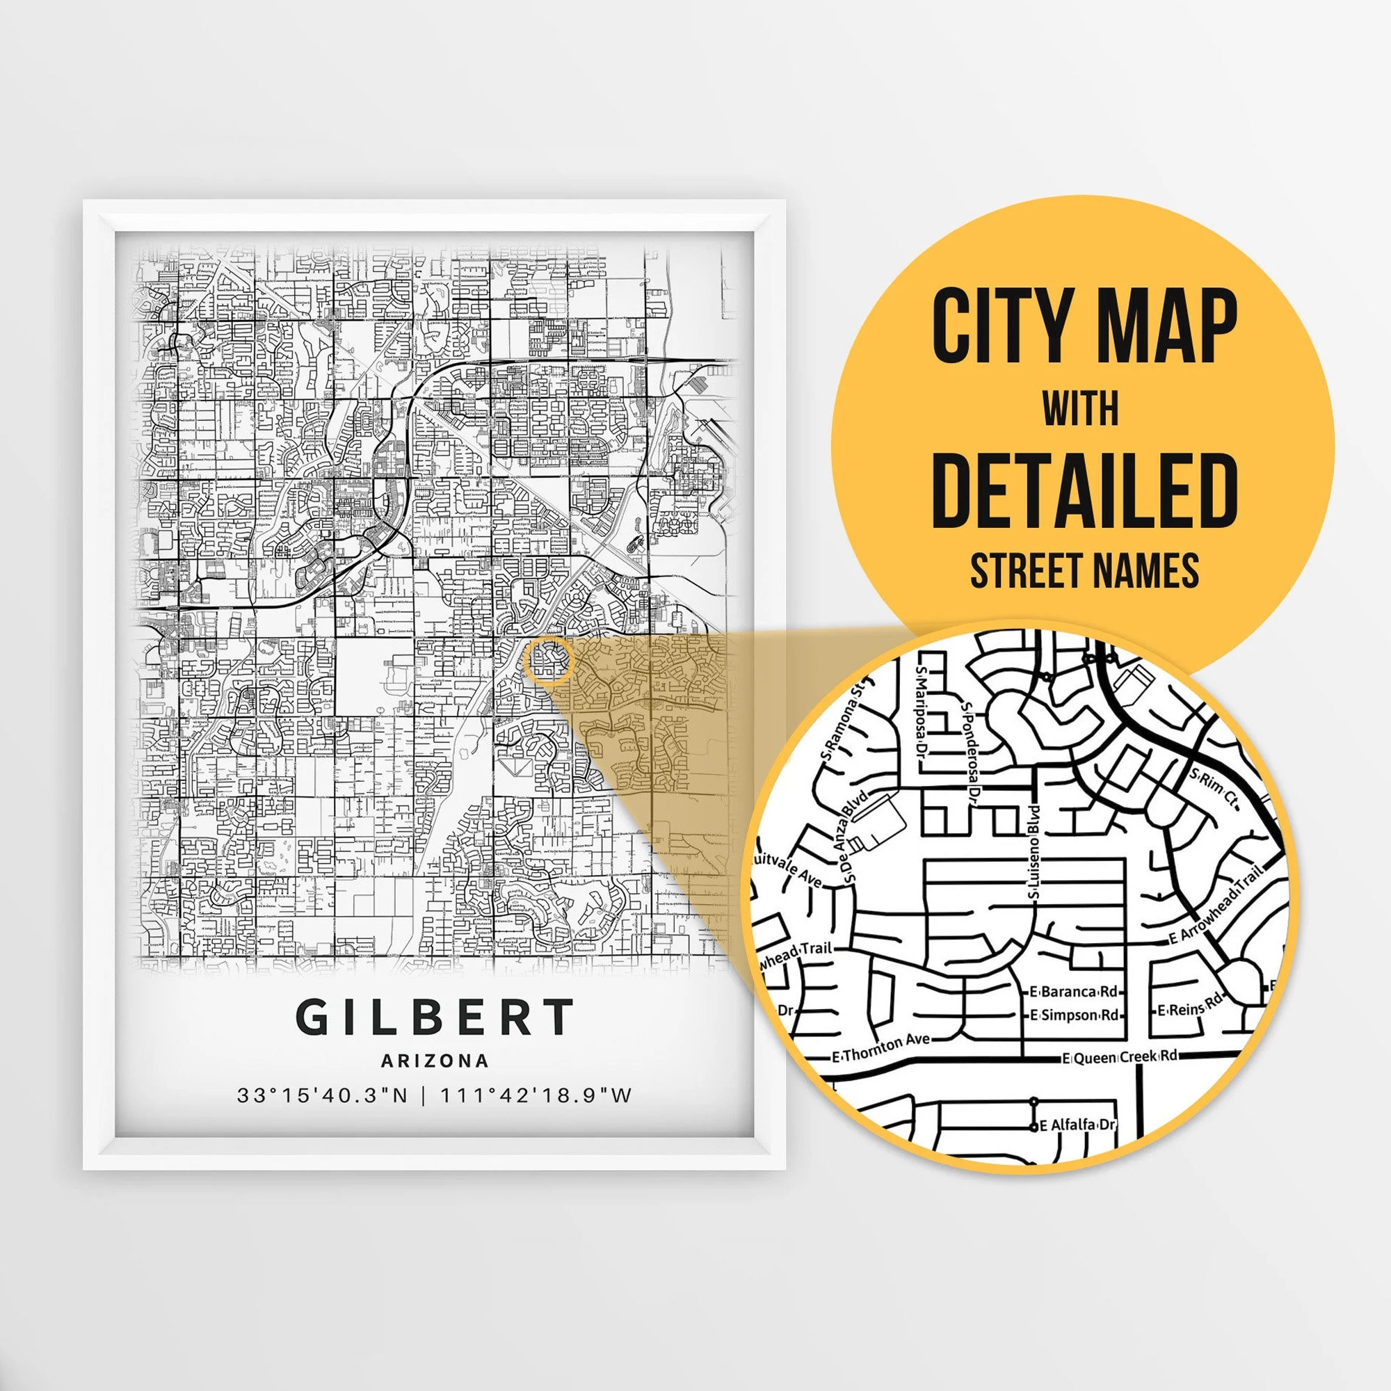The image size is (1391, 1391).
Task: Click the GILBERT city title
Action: tap(434, 1018)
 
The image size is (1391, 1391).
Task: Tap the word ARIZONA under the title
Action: tap(435, 1061)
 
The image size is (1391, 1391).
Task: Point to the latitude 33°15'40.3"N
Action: tap(322, 1096)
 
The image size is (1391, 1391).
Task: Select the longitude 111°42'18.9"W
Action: tap(536, 1096)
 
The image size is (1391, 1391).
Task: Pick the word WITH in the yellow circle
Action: tap(1081, 410)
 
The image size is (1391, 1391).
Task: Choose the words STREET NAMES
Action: tap(1084, 570)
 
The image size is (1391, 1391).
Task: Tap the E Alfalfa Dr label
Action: tap(1077, 1125)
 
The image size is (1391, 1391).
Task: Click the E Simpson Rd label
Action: tap(1075, 1016)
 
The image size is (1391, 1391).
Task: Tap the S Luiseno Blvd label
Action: tap(1034, 852)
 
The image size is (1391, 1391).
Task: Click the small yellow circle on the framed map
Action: tap(549, 659)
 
